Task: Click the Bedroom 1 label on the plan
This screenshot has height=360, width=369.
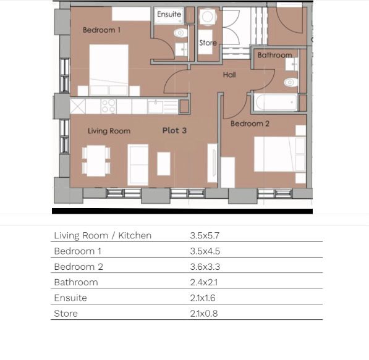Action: tap(101, 30)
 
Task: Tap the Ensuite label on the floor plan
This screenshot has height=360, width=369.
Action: tap(169, 14)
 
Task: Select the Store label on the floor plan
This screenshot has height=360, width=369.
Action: tap(208, 43)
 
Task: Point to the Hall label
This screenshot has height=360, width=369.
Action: tap(229, 75)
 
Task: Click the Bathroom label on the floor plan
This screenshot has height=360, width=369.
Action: tap(274, 55)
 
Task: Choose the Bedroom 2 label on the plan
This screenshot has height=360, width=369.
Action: tap(250, 123)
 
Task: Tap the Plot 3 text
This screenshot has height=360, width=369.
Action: tap(174, 130)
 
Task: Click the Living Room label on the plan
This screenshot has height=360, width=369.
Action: tap(109, 131)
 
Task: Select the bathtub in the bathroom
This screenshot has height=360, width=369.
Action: tap(276, 103)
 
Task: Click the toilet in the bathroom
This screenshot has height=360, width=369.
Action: tap(291, 82)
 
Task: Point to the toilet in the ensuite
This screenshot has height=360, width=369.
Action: tap(180, 33)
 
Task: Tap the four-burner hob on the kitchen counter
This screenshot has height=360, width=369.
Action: tap(109, 106)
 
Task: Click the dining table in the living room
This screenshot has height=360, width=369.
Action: tap(96, 161)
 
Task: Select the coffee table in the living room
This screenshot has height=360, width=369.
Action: tap(164, 164)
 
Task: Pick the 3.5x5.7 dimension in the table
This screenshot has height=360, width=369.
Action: tap(205, 236)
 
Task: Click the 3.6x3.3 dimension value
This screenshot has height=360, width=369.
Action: tap(205, 267)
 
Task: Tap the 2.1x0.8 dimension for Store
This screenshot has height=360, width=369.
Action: tap(204, 314)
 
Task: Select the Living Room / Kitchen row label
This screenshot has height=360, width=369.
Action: tap(103, 236)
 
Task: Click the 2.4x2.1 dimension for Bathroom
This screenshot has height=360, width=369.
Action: tap(204, 282)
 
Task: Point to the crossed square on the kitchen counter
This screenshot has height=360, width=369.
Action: tap(78, 106)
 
